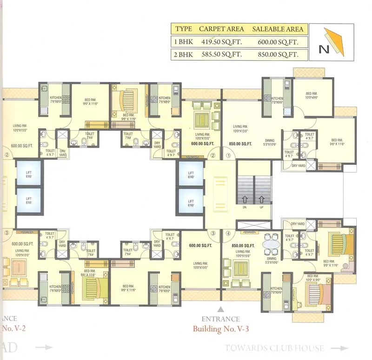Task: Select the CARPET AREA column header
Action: coord(221,29)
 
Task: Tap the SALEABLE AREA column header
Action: coord(278,29)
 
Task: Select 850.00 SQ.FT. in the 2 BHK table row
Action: coord(278,55)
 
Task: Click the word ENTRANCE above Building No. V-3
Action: coord(221,319)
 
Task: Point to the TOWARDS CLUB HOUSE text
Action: coord(274,348)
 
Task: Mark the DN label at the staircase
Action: coord(245,208)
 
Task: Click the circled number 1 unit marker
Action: coord(229,156)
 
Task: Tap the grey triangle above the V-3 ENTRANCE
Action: coord(221,308)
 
